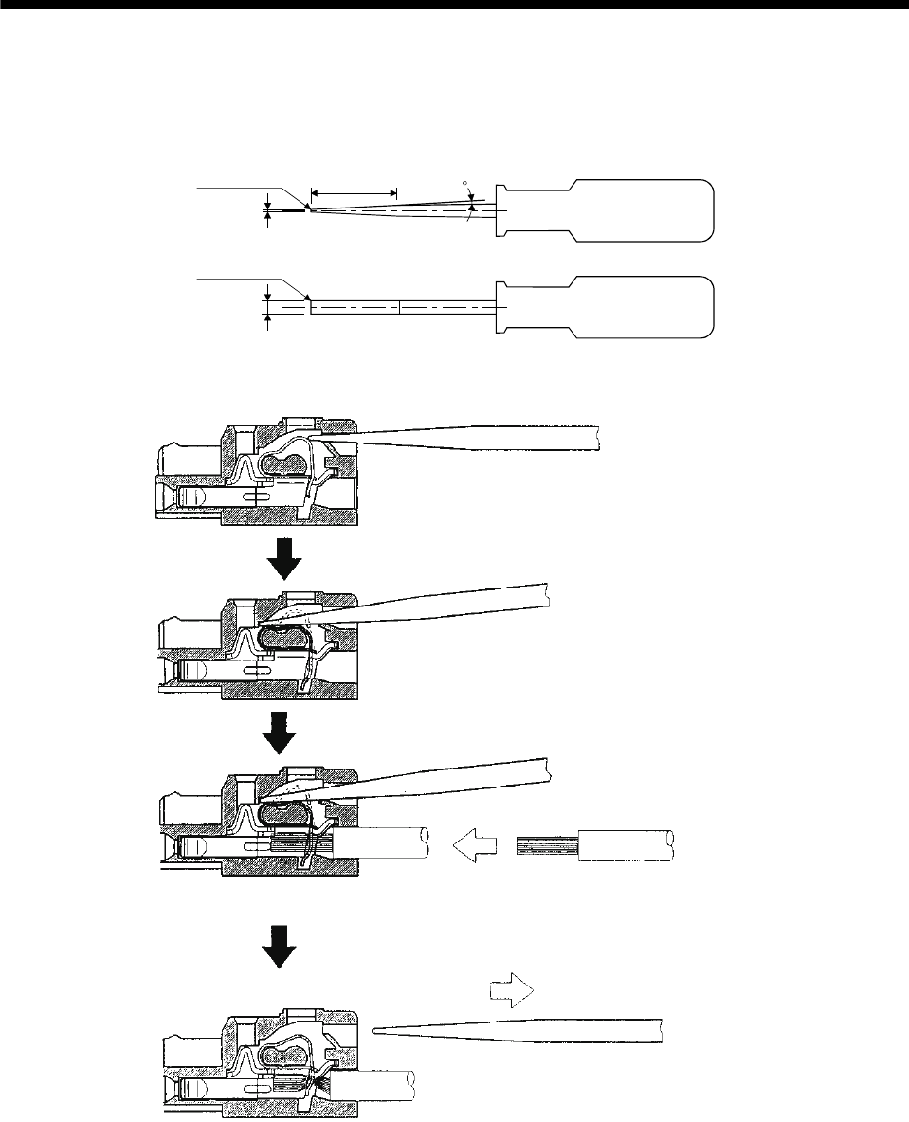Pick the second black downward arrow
(284, 732)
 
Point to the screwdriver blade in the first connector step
(474, 434)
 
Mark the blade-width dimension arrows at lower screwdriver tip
(268, 307)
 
